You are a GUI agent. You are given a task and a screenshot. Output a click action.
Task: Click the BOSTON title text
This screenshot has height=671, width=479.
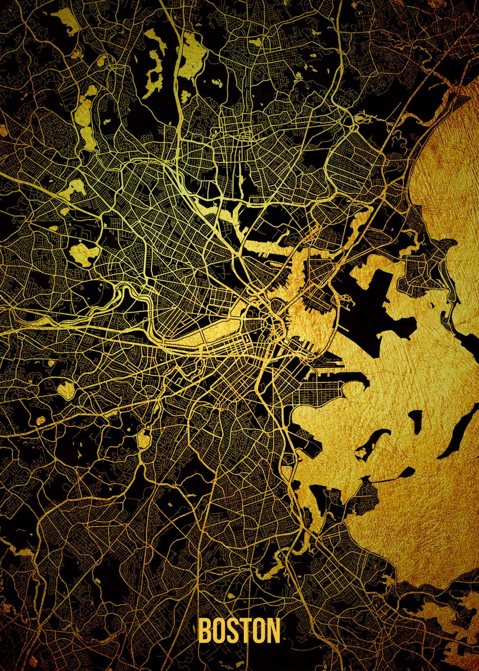[239, 630]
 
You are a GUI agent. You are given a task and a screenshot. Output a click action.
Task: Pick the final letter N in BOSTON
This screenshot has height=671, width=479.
[273, 630]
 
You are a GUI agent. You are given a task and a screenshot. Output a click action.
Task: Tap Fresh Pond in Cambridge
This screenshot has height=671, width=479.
[84, 253]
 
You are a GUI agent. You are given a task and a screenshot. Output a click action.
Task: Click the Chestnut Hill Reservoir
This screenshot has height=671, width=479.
[65, 389]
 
